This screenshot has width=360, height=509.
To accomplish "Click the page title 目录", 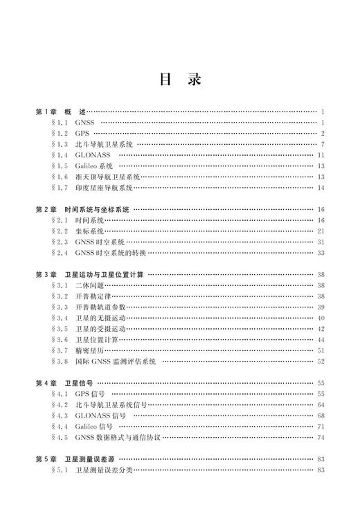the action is (180, 79).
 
